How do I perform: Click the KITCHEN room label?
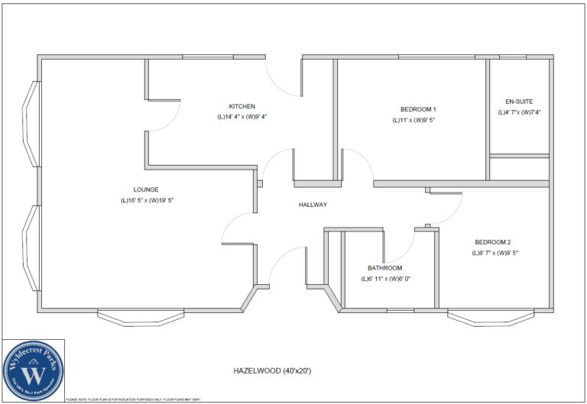tap(242, 106)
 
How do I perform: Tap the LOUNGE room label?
tap(145, 189)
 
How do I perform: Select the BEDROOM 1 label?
tap(418, 109)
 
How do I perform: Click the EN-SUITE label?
tap(519, 102)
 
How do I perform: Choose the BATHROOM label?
tap(384, 268)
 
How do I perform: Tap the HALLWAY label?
tap(313, 205)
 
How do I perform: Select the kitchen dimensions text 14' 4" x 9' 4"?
tap(242, 117)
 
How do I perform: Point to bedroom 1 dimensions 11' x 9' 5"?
tap(414, 120)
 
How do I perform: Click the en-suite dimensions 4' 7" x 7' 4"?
tap(519, 112)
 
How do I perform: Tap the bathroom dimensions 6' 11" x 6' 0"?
tap(385, 279)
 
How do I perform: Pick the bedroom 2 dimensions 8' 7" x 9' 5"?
tap(495, 253)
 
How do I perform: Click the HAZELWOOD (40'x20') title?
tap(272, 370)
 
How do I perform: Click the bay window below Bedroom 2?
tap(490, 315)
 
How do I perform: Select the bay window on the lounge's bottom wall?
tap(141, 315)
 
